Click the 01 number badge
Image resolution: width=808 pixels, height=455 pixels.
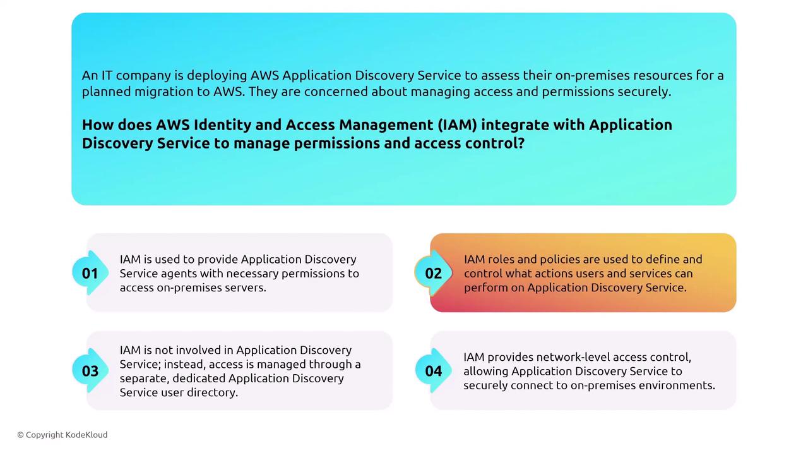point(90,273)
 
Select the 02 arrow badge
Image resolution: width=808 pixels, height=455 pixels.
point(433,273)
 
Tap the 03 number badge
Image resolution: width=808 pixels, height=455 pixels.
point(90,371)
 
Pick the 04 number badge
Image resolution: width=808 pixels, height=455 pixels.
point(433,371)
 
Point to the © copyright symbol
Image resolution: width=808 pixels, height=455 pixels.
point(21,435)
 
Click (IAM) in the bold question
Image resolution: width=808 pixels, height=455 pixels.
point(458,125)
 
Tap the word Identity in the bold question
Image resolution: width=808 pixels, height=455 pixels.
point(222,125)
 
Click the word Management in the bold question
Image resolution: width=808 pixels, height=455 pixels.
point(386,125)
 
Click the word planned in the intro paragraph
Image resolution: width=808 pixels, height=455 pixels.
point(106,92)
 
